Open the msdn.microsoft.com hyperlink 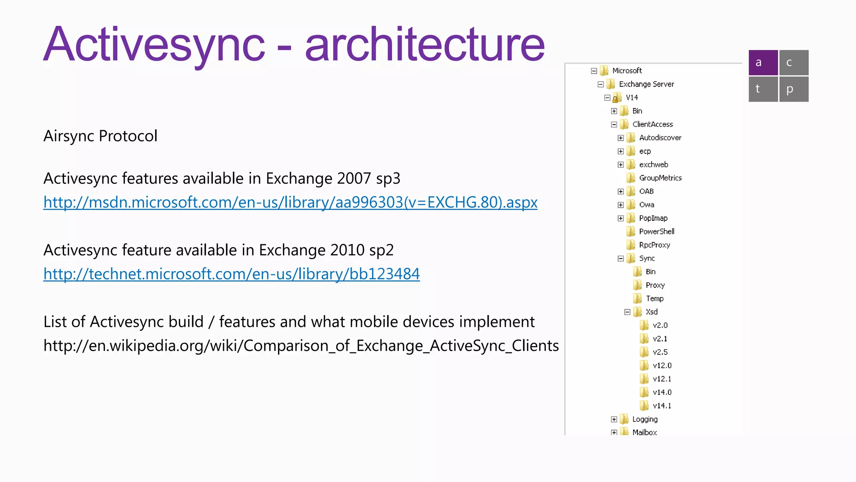[290, 203]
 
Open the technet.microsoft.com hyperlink [232, 274]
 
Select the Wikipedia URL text [301, 346]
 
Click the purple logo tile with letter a [763, 63]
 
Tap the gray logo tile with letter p [793, 89]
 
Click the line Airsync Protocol [100, 136]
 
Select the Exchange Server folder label [646, 84]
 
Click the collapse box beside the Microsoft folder [594, 71]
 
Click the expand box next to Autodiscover [621, 138]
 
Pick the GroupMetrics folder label [660, 178]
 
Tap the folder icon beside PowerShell [631, 231]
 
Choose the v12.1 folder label [662, 379]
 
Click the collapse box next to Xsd [627, 312]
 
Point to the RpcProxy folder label [655, 245]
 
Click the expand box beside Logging [614, 419]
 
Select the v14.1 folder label [662, 405]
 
